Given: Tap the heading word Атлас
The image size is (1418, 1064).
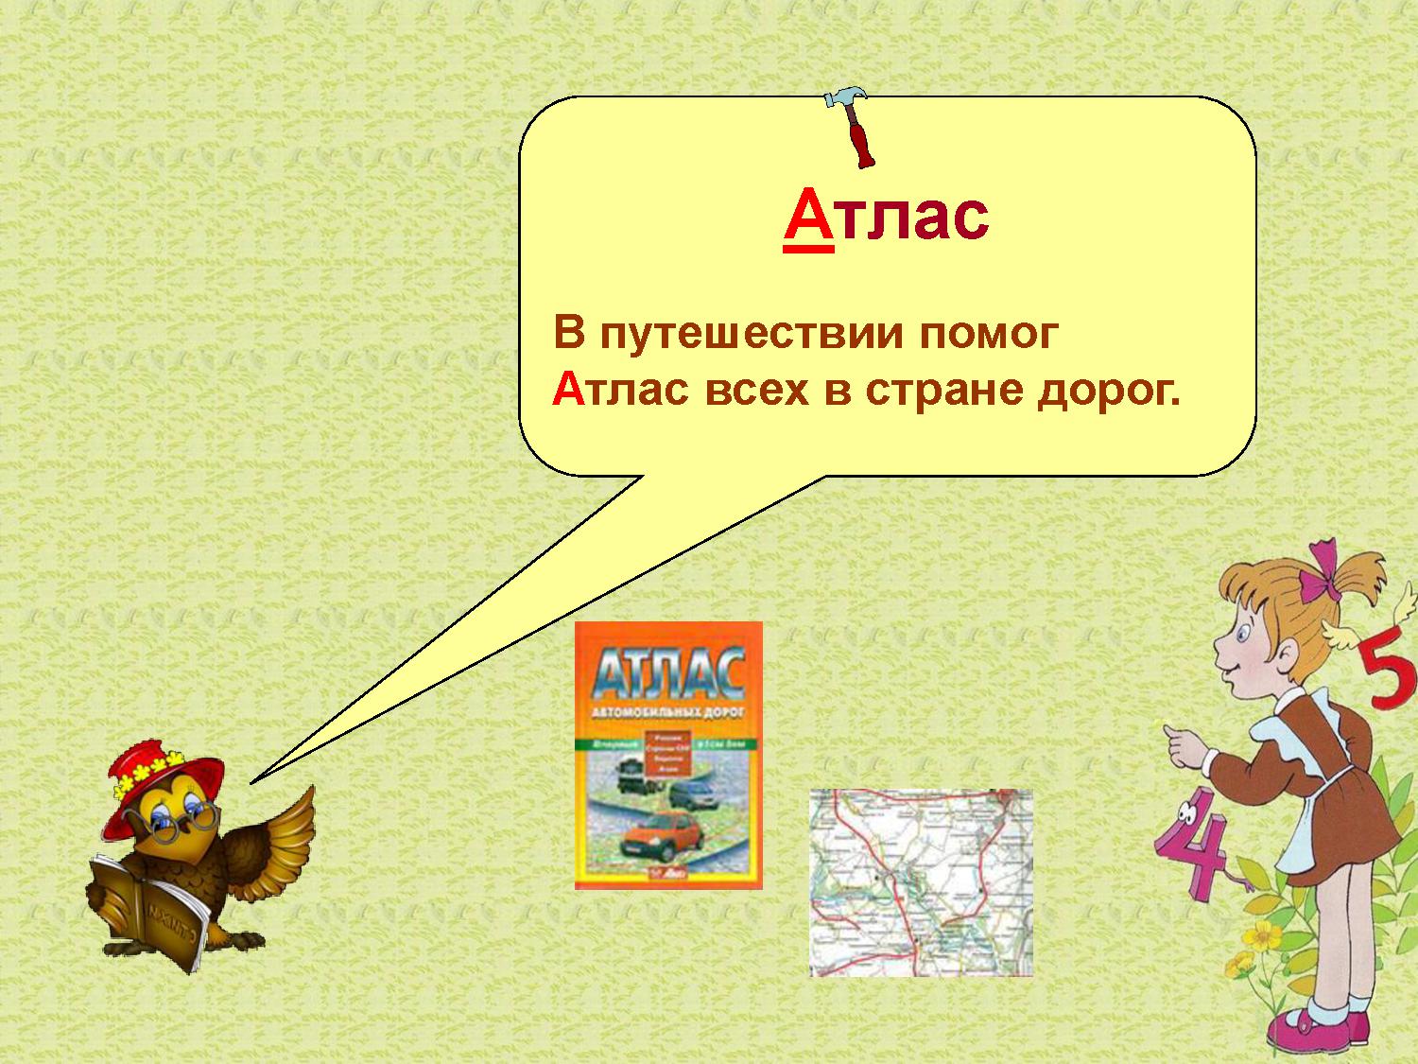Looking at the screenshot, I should coord(886,217).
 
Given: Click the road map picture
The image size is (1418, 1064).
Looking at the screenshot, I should coord(921,882).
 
